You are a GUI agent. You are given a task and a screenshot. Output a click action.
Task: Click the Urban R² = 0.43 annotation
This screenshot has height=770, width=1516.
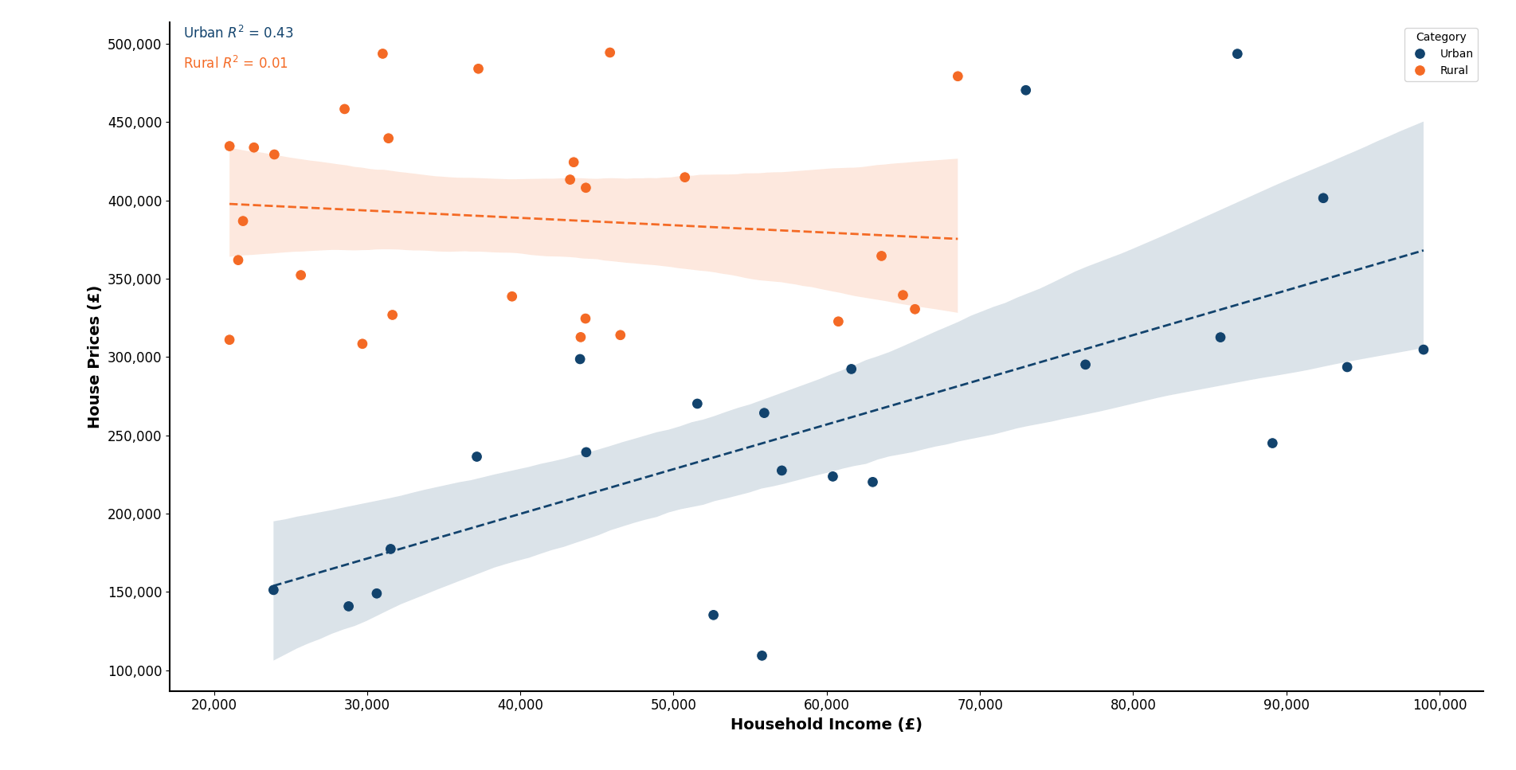click(x=238, y=33)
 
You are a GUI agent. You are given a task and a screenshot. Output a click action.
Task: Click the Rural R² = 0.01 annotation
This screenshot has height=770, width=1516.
click(x=235, y=64)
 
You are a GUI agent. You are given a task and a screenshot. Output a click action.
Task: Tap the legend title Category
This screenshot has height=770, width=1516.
click(x=1440, y=37)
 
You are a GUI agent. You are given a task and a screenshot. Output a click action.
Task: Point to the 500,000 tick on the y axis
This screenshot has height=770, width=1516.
click(x=134, y=45)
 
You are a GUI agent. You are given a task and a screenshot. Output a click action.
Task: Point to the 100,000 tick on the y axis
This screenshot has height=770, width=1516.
click(x=134, y=671)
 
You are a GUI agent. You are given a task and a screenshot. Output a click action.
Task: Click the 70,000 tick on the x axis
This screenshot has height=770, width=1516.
click(x=980, y=706)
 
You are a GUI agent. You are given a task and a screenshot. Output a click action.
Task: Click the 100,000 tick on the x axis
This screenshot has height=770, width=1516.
click(x=1439, y=706)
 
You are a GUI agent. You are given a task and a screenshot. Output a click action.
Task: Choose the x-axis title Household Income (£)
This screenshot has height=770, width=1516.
click(x=826, y=725)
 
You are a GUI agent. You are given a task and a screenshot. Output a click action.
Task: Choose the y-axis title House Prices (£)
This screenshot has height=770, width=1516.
click(x=94, y=357)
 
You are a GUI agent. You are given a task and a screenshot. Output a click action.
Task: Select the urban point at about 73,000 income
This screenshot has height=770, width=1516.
click(x=1025, y=91)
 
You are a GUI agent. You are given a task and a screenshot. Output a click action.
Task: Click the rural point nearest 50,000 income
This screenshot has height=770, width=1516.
click(x=684, y=178)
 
